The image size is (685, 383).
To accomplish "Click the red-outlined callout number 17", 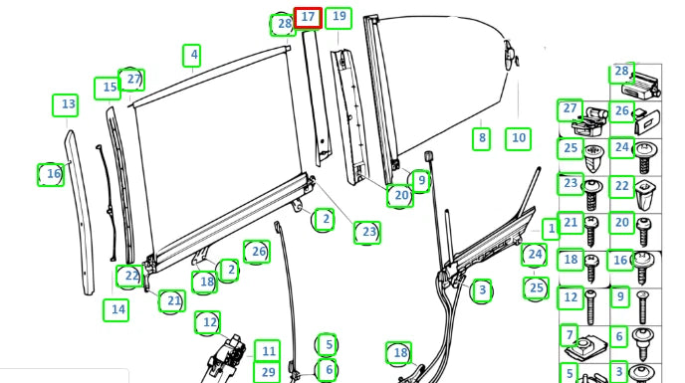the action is pos(308,18).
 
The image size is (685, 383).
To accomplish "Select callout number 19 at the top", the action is pos(339,18).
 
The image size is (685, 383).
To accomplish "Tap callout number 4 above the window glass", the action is pos(192,56).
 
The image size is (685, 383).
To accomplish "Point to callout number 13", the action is pos(66,105).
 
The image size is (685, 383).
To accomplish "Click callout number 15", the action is pos(108,89).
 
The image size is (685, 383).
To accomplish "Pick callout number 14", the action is pos(116,310).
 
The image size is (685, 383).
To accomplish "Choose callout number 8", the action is pos(482,139).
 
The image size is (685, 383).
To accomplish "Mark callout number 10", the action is pos(518,139).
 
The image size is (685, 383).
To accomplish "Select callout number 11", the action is pos(268,351).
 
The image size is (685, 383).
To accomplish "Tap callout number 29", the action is pos(268,372).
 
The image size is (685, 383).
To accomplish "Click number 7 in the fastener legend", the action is pos(569,335).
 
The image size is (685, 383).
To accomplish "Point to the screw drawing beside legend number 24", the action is pos(643,157).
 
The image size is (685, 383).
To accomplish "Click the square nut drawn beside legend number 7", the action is pos(585,347).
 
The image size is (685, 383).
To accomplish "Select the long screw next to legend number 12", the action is pos(590,307).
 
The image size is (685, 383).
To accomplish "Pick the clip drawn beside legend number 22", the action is pos(643,194).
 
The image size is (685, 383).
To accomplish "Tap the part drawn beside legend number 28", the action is pos(641,86).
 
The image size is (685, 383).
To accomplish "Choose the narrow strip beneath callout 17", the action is pos(317,98).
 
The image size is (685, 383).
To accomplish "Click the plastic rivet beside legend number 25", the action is pos(593,158).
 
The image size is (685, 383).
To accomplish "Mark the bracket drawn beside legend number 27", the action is pos(589,121).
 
